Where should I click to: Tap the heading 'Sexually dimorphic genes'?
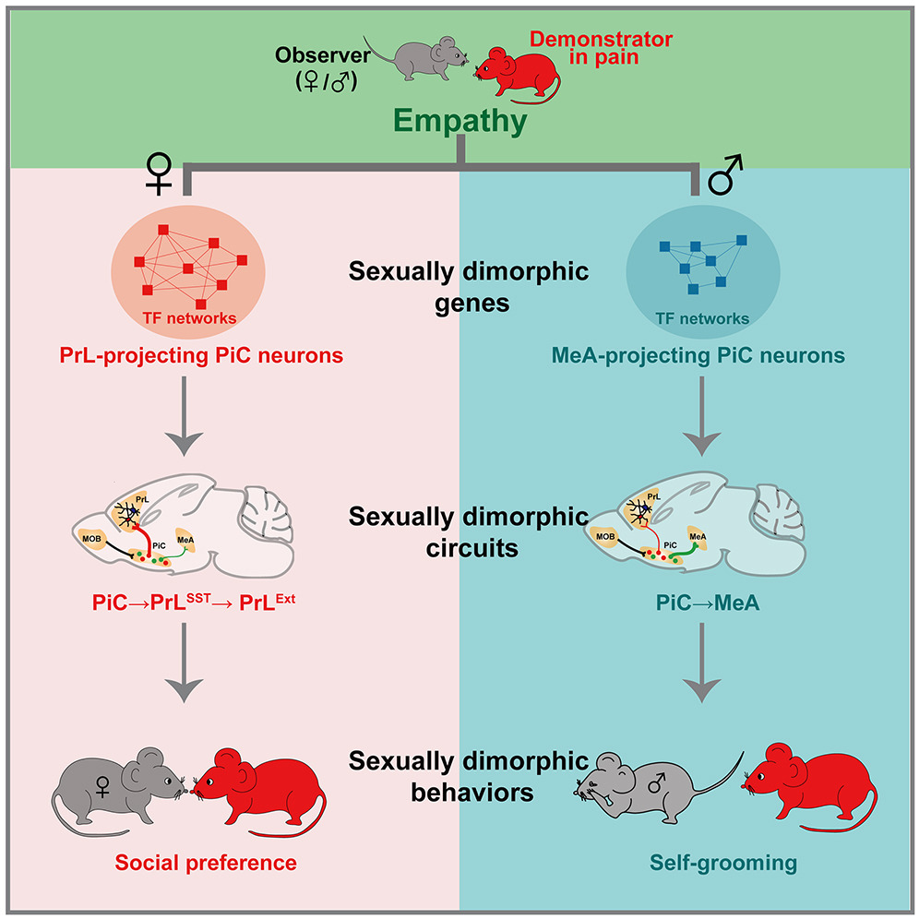468,286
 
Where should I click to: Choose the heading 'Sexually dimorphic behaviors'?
468,776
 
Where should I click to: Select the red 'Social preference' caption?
206,863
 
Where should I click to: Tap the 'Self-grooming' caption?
701,863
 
